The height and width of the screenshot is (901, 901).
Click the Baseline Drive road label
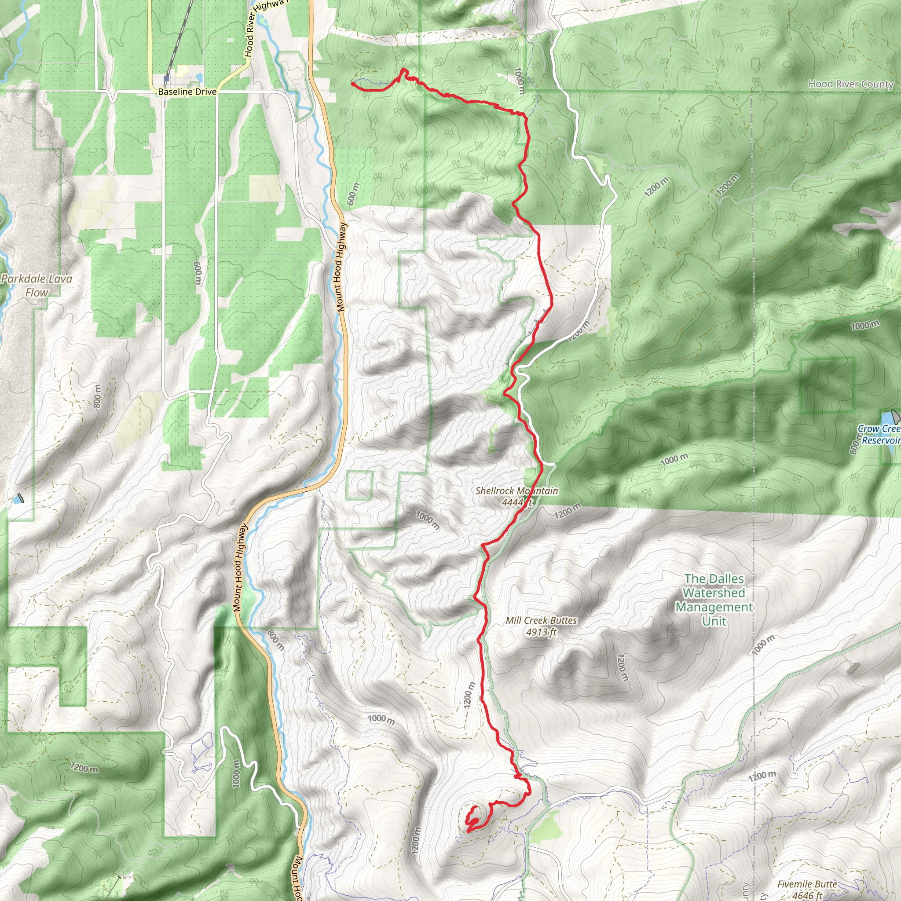(x=187, y=92)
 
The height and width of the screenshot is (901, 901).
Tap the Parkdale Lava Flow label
(x=37, y=286)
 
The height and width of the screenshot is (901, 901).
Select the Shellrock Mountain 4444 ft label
(x=516, y=496)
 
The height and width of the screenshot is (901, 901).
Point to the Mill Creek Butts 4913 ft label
(x=541, y=626)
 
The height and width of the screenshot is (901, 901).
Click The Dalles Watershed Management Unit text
(x=714, y=599)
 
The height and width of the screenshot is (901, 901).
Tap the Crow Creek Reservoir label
(x=879, y=434)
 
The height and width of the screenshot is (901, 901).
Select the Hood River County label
(x=851, y=84)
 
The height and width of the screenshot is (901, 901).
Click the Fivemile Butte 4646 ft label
(x=807, y=889)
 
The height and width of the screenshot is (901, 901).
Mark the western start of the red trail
(x=352, y=84)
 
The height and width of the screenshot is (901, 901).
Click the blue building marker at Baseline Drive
(x=166, y=79)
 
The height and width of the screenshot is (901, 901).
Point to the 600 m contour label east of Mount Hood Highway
(x=354, y=194)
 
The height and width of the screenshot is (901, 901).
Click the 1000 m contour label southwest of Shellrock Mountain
(x=427, y=520)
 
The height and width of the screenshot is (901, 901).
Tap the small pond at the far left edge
(x=18, y=498)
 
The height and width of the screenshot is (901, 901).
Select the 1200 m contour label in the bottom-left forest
(x=84, y=767)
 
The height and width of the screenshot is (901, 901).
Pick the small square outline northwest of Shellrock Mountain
(x=359, y=485)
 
